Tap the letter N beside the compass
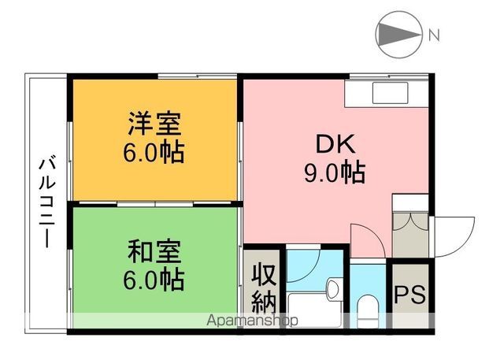click(434, 34)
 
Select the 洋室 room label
click(155, 124)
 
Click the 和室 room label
click(155, 252)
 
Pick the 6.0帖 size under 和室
click(155, 278)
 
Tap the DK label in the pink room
click(336, 144)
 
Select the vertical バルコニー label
click(46, 202)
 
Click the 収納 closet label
click(262, 288)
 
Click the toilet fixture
click(367, 308)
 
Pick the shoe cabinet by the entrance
click(409, 228)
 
